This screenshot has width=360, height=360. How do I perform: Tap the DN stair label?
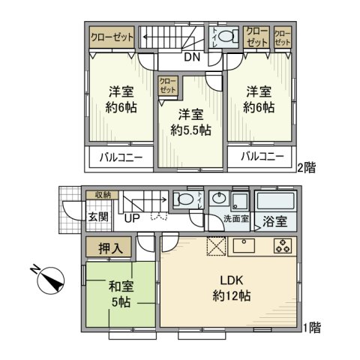click(192, 57)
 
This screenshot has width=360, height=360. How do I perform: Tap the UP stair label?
click(133, 220)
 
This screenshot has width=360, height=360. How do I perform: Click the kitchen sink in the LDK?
click(245, 246)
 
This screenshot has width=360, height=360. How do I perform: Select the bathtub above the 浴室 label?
click(276, 200)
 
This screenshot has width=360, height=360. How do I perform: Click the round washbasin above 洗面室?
click(219, 199)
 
